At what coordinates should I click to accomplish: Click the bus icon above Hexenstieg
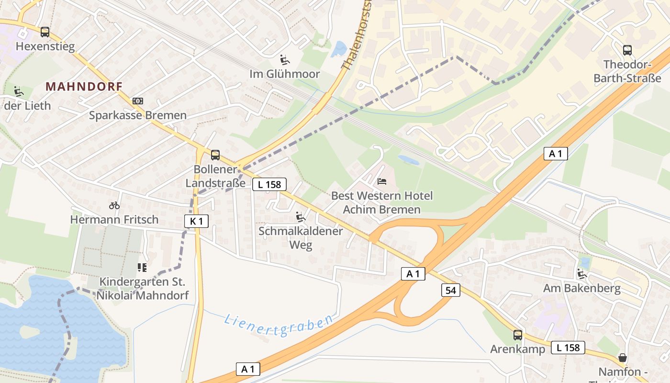click(x=45, y=32)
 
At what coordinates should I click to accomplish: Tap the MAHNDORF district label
click(x=84, y=87)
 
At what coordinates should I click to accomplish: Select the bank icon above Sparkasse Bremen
click(x=138, y=101)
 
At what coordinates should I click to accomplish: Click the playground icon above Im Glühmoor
click(x=285, y=60)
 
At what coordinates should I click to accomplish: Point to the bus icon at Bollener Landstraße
click(x=215, y=155)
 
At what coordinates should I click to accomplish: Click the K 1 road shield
click(x=196, y=221)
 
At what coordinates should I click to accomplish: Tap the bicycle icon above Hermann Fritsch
click(x=114, y=205)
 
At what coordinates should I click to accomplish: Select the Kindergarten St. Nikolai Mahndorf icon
click(x=142, y=267)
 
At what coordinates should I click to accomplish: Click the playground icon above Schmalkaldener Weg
click(x=301, y=217)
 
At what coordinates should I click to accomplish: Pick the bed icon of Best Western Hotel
click(x=381, y=181)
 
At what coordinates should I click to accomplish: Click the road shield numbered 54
click(x=450, y=290)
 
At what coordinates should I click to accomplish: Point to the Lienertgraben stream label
click(x=279, y=325)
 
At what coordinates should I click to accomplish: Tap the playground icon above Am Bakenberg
click(x=582, y=274)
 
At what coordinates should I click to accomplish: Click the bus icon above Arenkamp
click(x=518, y=335)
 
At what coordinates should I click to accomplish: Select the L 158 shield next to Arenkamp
click(x=568, y=348)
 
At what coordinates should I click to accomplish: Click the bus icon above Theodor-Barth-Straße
click(x=627, y=50)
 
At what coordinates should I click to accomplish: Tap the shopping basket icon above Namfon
click(x=623, y=358)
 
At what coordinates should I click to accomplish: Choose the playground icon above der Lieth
click(x=19, y=91)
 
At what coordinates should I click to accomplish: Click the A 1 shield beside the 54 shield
click(x=413, y=274)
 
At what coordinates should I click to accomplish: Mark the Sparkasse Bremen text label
click(x=138, y=115)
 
